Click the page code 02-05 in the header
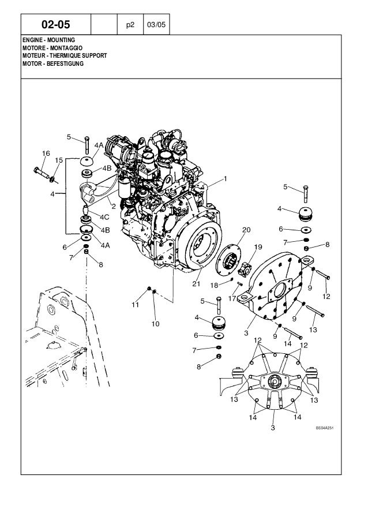click(56, 25)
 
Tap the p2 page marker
click(129, 25)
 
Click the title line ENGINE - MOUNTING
click(49, 39)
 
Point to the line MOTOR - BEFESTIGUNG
click(53, 63)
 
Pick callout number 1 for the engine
click(226, 178)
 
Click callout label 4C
click(104, 218)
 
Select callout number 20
click(246, 229)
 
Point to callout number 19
click(258, 246)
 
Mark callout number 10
click(155, 324)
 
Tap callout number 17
click(232, 298)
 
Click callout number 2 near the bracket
click(114, 205)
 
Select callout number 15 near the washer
click(59, 159)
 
